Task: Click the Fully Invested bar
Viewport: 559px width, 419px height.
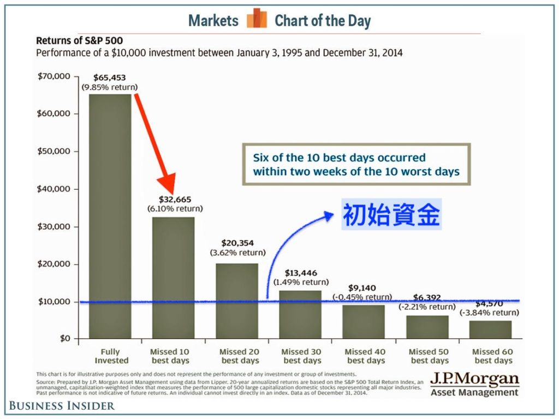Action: [x=110, y=216]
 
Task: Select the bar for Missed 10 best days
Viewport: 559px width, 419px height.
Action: [x=174, y=278]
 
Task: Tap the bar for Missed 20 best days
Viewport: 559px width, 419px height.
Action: [x=237, y=301]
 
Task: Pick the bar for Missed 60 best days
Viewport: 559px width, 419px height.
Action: [x=491, y=330]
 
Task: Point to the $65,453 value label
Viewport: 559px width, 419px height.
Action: [x=110, y=77]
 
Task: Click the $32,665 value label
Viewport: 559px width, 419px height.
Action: [x=175, y=199]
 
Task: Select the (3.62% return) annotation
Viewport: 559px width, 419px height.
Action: [x=238, y=253]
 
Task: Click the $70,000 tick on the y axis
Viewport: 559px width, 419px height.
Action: [x=54, y=76]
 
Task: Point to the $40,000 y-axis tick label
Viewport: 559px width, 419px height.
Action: [x=54, y=189]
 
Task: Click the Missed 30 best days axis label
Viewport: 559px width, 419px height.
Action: [x=302, y=356]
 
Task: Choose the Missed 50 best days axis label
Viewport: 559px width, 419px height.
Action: [x=429, y=356]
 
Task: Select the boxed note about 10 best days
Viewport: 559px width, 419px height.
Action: [x=356, y=165]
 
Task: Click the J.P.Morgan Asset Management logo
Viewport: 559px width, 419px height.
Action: [x=474, y=385]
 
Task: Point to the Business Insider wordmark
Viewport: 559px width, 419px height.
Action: [x=62, y=405]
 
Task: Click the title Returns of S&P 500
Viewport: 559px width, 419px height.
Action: [x=79, y=40]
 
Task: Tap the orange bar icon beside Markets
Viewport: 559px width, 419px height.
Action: [x=257, y=20]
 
